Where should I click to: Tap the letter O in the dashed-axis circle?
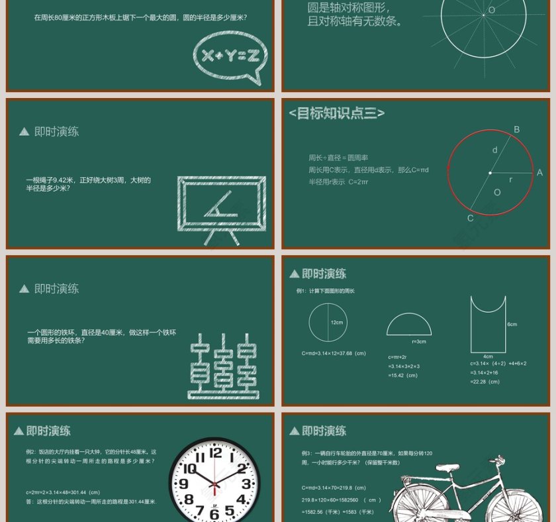click(492, 11)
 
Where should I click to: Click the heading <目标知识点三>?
click(336, 114)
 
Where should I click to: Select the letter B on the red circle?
click(517, 130)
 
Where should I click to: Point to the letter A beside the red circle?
click(539, 173)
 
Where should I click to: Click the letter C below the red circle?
click(471, 219)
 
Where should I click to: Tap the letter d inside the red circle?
click(494, 150)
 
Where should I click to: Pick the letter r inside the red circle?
click(510, 180)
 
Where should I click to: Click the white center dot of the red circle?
click(490, 173)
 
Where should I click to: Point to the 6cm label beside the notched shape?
click(512, 325)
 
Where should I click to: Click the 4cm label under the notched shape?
click(488, 356)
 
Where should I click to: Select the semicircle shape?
click(409, 325)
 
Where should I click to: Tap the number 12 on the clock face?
click(216, 453)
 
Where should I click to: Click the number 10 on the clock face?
click(190, 469)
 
